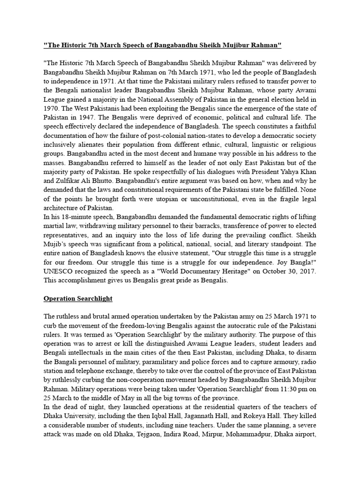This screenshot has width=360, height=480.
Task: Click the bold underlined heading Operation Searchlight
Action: pyautogui.click(x=78, y=298)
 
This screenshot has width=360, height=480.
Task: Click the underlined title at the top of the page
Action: pyautogui.click(x=162, y=45)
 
